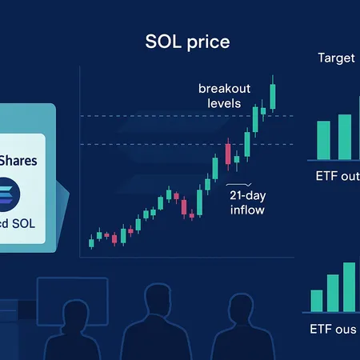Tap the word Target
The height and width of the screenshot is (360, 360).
click(x=337, y=58)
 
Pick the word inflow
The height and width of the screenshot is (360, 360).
click(x=247, y=210)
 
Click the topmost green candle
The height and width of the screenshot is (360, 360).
click(x=273, y=94)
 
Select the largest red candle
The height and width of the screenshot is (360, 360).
click(x=229, y=153)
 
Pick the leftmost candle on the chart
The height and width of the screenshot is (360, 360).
click(x=90, y=242)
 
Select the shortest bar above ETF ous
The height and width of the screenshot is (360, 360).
click(x=317, y=300)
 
